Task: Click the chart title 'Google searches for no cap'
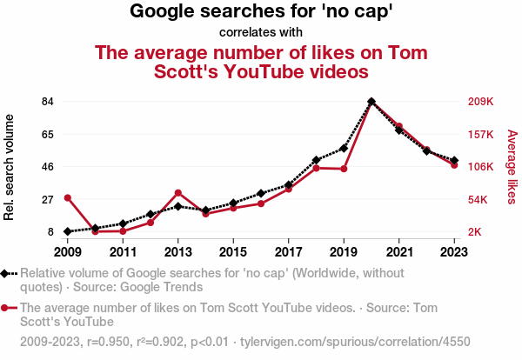pyautogui.click(x=261, y=11)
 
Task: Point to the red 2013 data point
pyautogui.click(x=177, y=193)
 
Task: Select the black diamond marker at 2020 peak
pyautogui.click(x=371, y=102)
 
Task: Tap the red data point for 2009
pyautogui.click(x=67, y=198)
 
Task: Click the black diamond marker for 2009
pyautogui.click(x=67, y=231)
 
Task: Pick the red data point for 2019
pyautogui.click(x=344, y=169)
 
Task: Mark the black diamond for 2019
pyautogui.click(x=344, y=148)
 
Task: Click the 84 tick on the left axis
pyautogui.click(x=48, y=102)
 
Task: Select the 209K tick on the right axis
pyautogui.click(x=481, y=102)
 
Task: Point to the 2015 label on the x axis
pyautogui.click(x=233, y=252)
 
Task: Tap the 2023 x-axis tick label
pyautogui.click(x=454, y=252)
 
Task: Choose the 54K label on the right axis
pyautogui.click(x=480, y=199)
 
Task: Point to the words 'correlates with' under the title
pyautogui.click(x=261, y=32)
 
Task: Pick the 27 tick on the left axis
pyautogui.click(x=48, y=199)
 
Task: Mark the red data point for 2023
pyautogui.click(x=454, y=164)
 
